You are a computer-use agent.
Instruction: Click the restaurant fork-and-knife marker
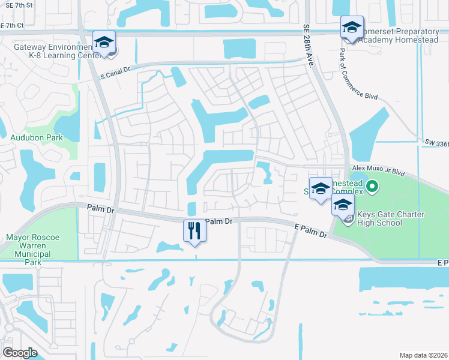[194, 230]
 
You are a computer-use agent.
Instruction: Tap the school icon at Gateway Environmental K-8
[104, 43]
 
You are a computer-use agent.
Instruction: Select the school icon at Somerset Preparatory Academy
[352, 27]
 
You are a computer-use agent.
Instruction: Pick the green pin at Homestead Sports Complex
[372, 188]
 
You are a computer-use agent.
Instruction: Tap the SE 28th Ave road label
[308, 44]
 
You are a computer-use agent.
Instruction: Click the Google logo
[20, 352]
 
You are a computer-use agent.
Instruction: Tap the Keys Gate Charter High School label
[390, 219]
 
